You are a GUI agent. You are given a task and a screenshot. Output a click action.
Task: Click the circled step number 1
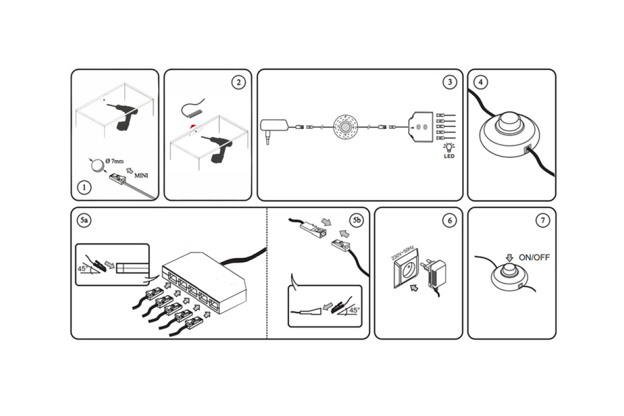[84, 187]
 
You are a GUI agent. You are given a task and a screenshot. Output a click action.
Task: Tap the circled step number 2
[239, 82]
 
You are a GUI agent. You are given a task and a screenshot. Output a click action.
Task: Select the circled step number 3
[450, 82]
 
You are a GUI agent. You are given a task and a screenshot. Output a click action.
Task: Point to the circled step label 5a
[84, 220]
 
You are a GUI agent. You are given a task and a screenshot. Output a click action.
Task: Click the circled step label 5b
[357, 220]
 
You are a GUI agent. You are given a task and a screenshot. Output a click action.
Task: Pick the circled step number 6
[450, 220]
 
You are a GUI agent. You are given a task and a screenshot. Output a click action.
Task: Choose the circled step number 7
[543, 220]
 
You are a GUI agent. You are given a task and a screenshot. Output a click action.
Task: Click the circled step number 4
[480, 82]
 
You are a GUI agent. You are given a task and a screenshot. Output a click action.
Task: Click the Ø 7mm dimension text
[114, 161]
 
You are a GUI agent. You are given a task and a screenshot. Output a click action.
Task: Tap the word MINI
[141, 176]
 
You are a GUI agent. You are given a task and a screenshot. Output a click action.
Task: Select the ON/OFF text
[534, 257]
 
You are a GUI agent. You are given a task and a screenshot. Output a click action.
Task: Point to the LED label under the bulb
[449, 157]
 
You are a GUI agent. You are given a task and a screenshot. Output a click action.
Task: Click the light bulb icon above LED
[449, 147]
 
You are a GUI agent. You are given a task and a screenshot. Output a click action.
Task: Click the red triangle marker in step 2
[193, 126]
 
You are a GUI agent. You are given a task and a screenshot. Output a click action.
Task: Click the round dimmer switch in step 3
[345, 127]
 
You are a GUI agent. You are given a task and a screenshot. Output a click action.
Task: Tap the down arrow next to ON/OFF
[510, 258]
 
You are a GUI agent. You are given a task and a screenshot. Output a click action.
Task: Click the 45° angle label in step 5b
[354, 310]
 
